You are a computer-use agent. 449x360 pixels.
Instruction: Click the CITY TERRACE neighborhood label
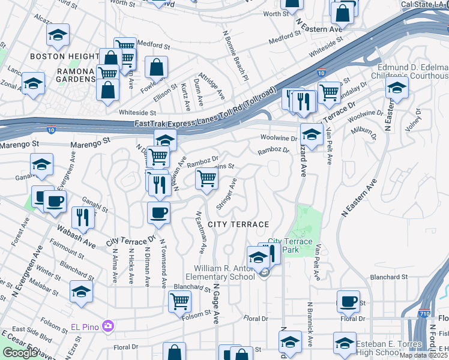238,224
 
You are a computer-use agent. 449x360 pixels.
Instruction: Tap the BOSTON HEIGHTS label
56,56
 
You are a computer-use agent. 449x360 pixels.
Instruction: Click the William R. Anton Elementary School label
220,272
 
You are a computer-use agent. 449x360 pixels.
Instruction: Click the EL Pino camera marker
108,326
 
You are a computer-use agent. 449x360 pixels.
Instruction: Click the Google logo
19,353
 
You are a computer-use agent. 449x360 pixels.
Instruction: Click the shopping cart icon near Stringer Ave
206,178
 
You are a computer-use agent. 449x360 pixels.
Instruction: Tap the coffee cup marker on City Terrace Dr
158,212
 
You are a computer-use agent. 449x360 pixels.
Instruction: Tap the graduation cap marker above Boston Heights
58,35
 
